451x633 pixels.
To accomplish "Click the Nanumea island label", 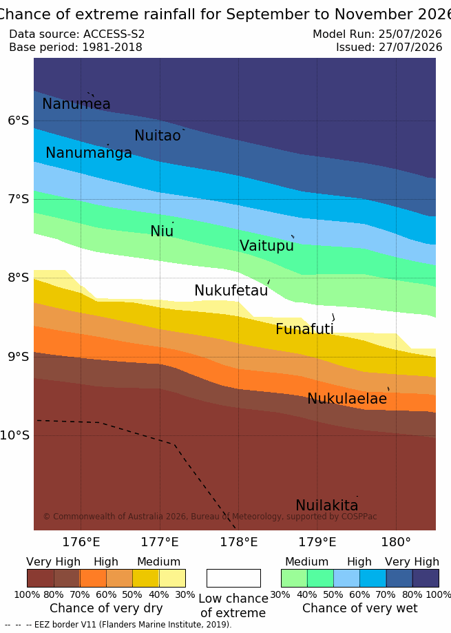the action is [76, 104].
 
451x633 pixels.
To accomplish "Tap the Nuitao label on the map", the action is [157, 136].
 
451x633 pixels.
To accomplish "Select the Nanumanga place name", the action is [89, 153].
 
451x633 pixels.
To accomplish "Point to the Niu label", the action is [162, 231].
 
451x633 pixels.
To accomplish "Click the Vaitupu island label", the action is [266, 246].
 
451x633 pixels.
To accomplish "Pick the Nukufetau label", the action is [231, 291].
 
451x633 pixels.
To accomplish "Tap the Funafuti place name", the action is [304, 329].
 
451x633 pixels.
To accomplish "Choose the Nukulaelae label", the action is [347, 399].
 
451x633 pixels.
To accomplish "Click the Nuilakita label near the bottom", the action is [327, 506].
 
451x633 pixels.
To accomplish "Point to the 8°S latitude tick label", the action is [19, 278].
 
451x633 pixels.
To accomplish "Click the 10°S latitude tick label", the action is [15, 435].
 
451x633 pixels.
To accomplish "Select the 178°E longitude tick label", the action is [238, 542].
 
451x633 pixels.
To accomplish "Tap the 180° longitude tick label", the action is [396, 542].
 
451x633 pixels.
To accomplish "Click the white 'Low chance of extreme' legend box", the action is [233, 578].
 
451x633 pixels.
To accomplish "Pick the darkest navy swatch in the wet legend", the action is [426, 578].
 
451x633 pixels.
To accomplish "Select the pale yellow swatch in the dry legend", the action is [172, 578].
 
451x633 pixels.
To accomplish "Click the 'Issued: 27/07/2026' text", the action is [389, 48].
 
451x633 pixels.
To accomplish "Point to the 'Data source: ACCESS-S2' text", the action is [76, 34].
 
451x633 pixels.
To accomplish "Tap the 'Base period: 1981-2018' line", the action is [76, 48].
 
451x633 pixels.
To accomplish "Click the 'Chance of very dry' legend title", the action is [106, 608].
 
